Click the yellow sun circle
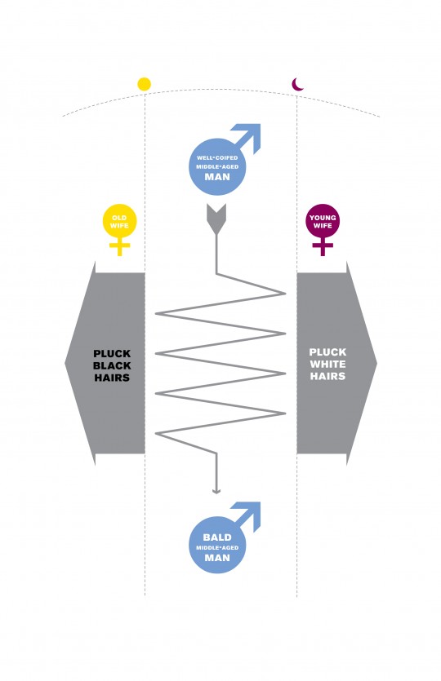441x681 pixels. [x=144, y=84]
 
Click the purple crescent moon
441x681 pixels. [x=297, y=85]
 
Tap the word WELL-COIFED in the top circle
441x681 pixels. [x=217, y=157]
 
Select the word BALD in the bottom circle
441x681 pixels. [x=217, y=537]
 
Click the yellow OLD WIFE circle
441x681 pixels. [x=119, y=222]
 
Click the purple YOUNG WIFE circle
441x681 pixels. [x=323, y=222]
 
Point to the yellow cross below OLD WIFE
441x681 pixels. [x=119, y=248]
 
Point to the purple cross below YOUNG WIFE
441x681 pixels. [x=323, y=248]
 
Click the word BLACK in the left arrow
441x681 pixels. [x=112, y=365]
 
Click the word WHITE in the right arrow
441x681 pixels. [x=327, y=364]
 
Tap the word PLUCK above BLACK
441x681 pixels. [x=112, y=353]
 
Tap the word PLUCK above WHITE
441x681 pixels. [x=327, y=352]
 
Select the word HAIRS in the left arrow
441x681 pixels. [x=112, y=378]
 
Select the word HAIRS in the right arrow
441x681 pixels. [x=327, y=376]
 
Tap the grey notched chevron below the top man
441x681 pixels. [x=216, y=219]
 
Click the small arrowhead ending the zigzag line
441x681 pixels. [x=216, y=491]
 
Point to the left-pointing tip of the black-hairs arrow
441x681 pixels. [x=65, y=363]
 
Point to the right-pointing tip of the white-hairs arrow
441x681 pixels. [x=376, y=363]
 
